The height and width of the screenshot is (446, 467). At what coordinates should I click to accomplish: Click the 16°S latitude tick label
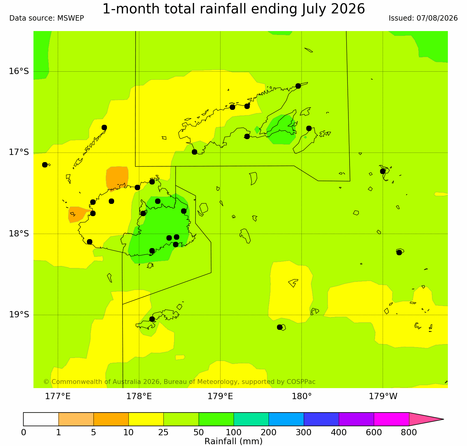(19, 71)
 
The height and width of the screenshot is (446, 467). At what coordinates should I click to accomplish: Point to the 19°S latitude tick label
(19, 315)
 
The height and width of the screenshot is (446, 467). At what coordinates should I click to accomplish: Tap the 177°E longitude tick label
(58, 396)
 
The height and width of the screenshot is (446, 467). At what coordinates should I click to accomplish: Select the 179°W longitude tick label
(383, 396)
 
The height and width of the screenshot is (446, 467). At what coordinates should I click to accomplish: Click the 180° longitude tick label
(302, 396)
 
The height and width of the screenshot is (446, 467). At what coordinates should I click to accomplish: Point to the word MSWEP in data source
(71, 18)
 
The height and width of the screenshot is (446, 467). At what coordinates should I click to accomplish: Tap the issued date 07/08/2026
(437, 18)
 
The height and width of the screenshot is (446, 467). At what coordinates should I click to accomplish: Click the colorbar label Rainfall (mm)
(233, 441)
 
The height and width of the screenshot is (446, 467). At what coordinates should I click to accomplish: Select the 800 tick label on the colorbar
(409, 432)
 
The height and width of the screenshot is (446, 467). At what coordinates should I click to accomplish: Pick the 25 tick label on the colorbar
(163, 432)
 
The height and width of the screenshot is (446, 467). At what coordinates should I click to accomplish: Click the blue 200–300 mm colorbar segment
(286, 419)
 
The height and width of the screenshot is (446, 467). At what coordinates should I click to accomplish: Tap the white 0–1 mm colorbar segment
(41, 419)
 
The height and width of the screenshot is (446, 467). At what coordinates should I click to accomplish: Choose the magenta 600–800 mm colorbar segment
(391, 419)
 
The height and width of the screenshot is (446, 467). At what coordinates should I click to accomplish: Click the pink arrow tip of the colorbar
(444, 419)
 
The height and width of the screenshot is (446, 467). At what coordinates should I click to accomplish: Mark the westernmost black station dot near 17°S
(45, 165)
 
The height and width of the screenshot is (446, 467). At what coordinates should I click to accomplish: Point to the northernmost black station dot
(298, 86)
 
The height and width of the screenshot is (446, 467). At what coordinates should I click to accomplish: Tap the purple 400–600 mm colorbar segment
(356, 419)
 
